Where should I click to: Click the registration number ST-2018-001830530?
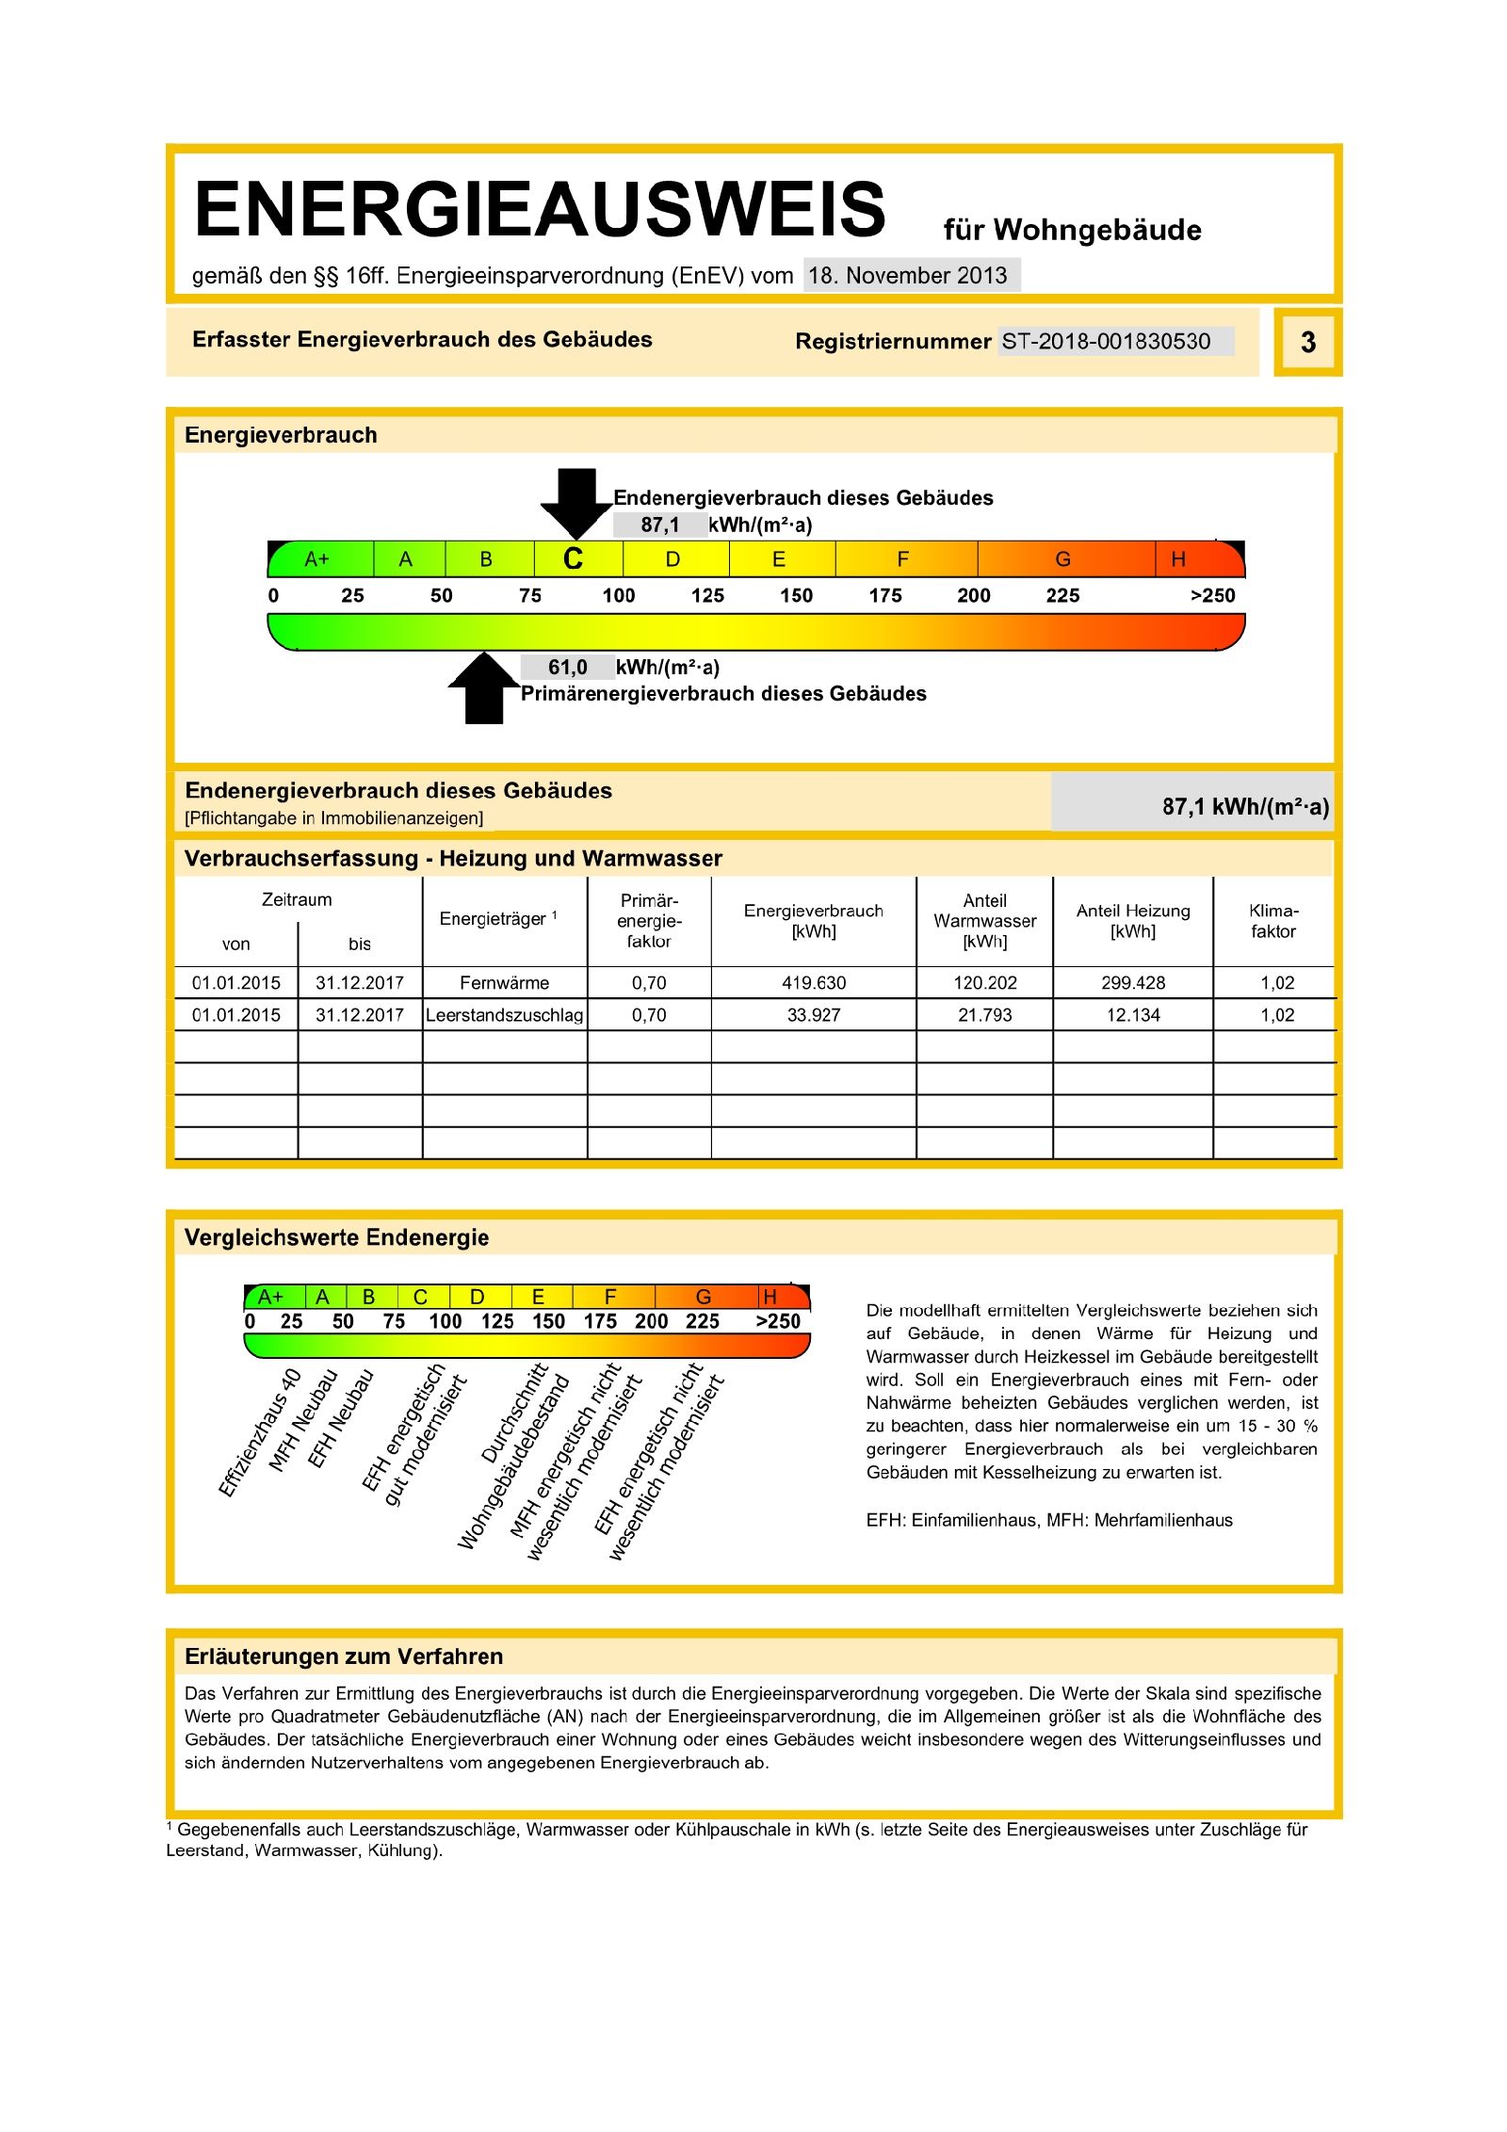[x=1106, y=341]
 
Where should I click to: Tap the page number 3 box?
[x=1307, y=342]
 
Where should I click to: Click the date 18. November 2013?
[x=908, y=275]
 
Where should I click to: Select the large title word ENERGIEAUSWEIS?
[x=540, y=209]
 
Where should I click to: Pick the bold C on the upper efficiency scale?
[x=573, y=559]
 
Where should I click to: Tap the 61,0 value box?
[x=567, y=667]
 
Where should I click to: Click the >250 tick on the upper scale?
[x=1212, y=595]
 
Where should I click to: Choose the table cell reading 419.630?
[x=814, y=982]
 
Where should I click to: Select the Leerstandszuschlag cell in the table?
[x=504, y=1015]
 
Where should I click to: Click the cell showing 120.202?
[x=984, y=982]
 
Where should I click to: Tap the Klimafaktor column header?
[x=1273, y=921]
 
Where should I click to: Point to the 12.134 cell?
[x=1133, y=1015]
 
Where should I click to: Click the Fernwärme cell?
[x=504, y=982]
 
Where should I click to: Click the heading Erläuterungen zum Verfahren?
[x=344, y=1656]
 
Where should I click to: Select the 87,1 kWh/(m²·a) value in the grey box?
[x=1245, y=806]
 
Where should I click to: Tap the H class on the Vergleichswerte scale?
[x=770, y=1297]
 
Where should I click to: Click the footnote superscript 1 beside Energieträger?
[x=555, y=914]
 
